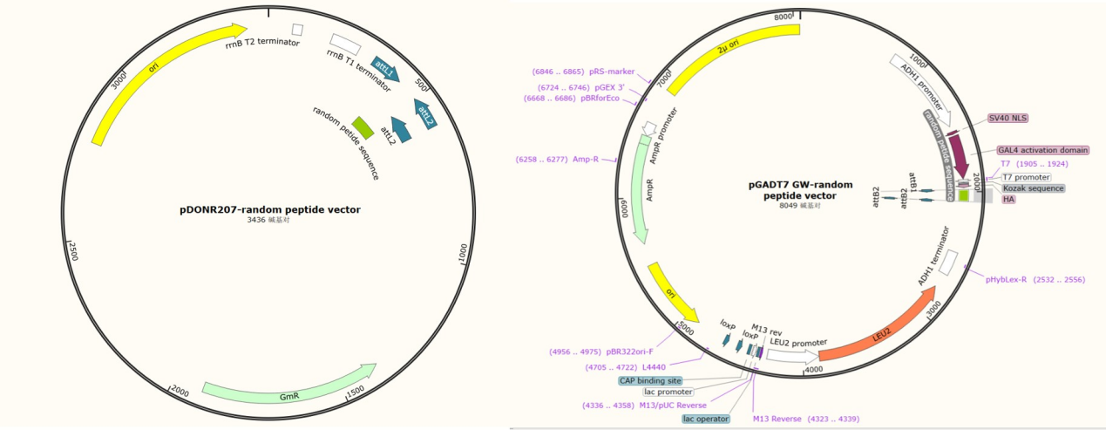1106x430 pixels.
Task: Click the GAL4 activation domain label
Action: [1043, 150]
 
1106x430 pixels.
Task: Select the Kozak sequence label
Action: [1033, 188]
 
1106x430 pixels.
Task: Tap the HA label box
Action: [1008, 200]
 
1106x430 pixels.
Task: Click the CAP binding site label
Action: [650, 380]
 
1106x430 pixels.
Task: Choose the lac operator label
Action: [706, 419]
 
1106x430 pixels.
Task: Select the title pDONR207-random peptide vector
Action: [269, 209]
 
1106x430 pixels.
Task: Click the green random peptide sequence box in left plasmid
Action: [363, 127]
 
